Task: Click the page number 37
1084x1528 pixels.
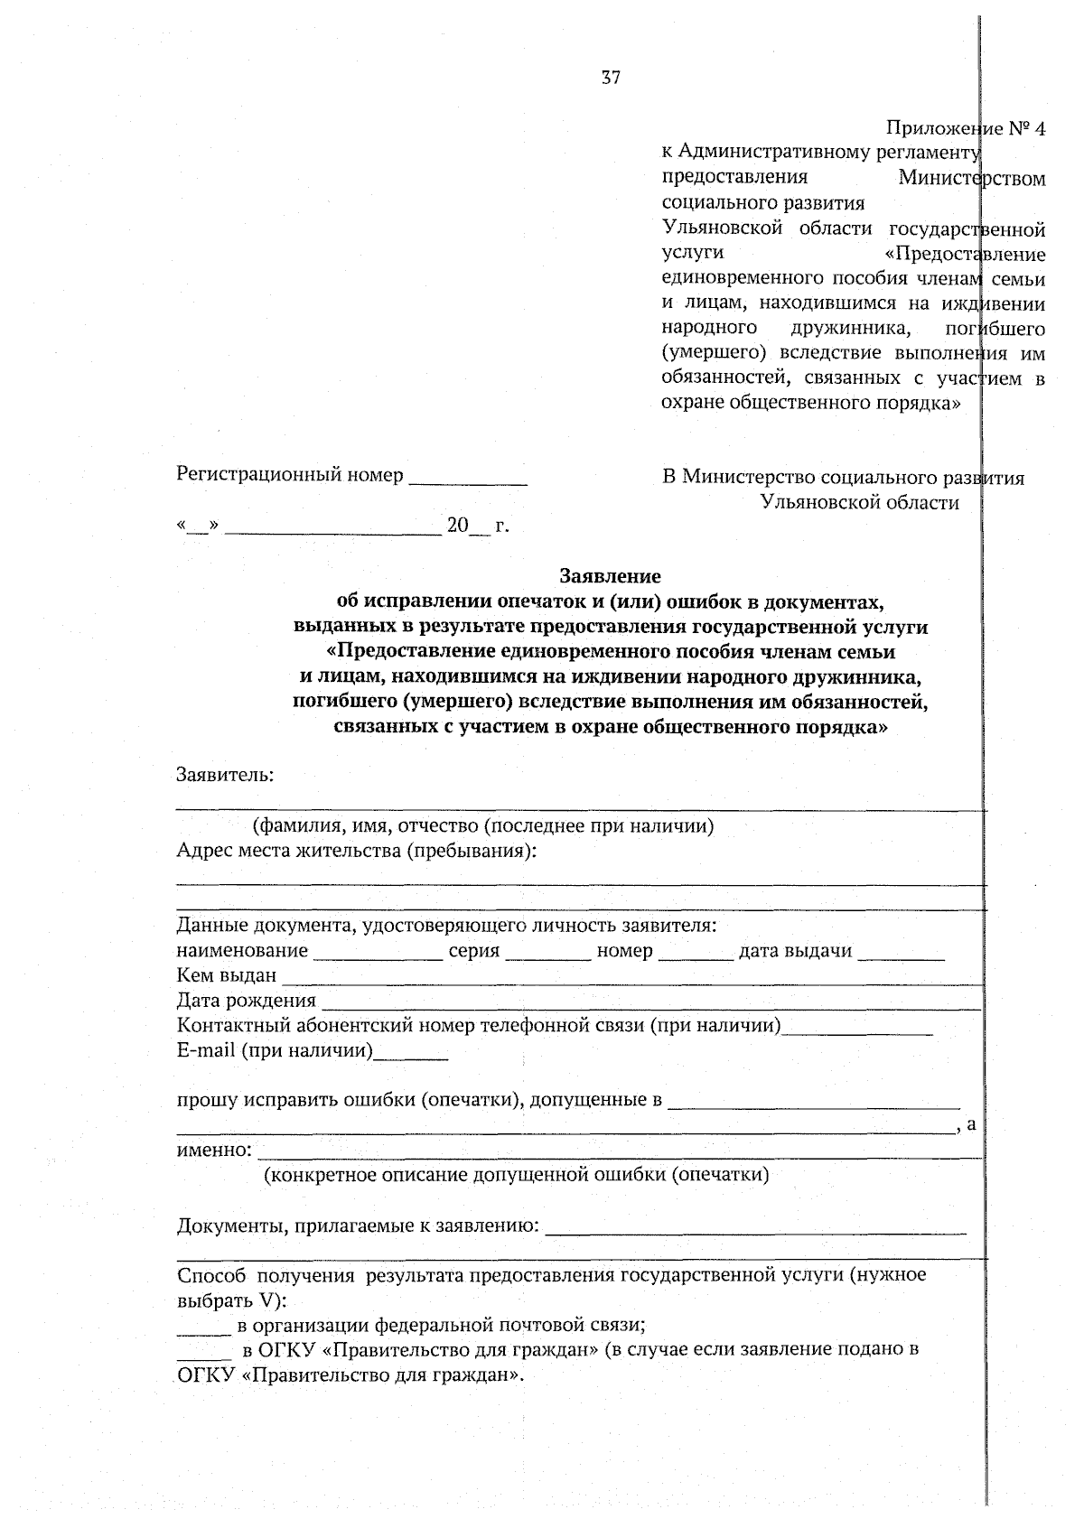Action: coord(611,78)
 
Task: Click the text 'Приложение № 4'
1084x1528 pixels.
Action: coord(965,128)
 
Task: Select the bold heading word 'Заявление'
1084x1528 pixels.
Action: coord(611,575)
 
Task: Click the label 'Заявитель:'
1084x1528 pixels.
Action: coord(225,774)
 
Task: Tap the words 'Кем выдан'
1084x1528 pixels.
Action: coord(227,975)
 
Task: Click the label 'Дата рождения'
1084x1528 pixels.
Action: coord(246,1001)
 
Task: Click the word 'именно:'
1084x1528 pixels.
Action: coord(214,1150)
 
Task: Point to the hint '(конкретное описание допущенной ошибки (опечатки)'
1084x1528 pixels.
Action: coord(516,1175)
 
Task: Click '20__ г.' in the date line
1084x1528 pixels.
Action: coord(477,526)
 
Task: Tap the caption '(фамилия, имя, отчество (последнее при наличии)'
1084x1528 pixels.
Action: coord(483,825)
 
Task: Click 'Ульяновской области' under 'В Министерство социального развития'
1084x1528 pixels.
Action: coord(859,503)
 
